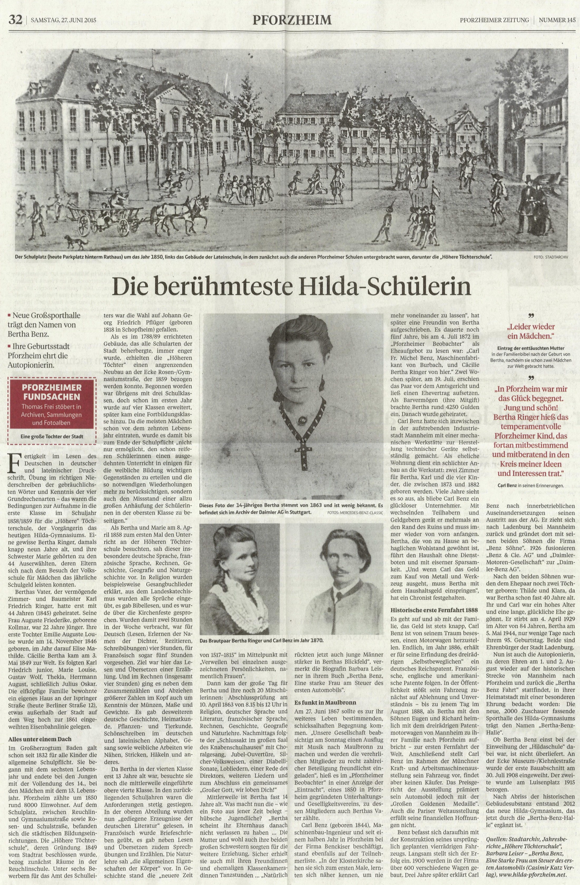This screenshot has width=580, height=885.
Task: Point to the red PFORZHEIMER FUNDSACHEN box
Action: (x=52, y=407)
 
